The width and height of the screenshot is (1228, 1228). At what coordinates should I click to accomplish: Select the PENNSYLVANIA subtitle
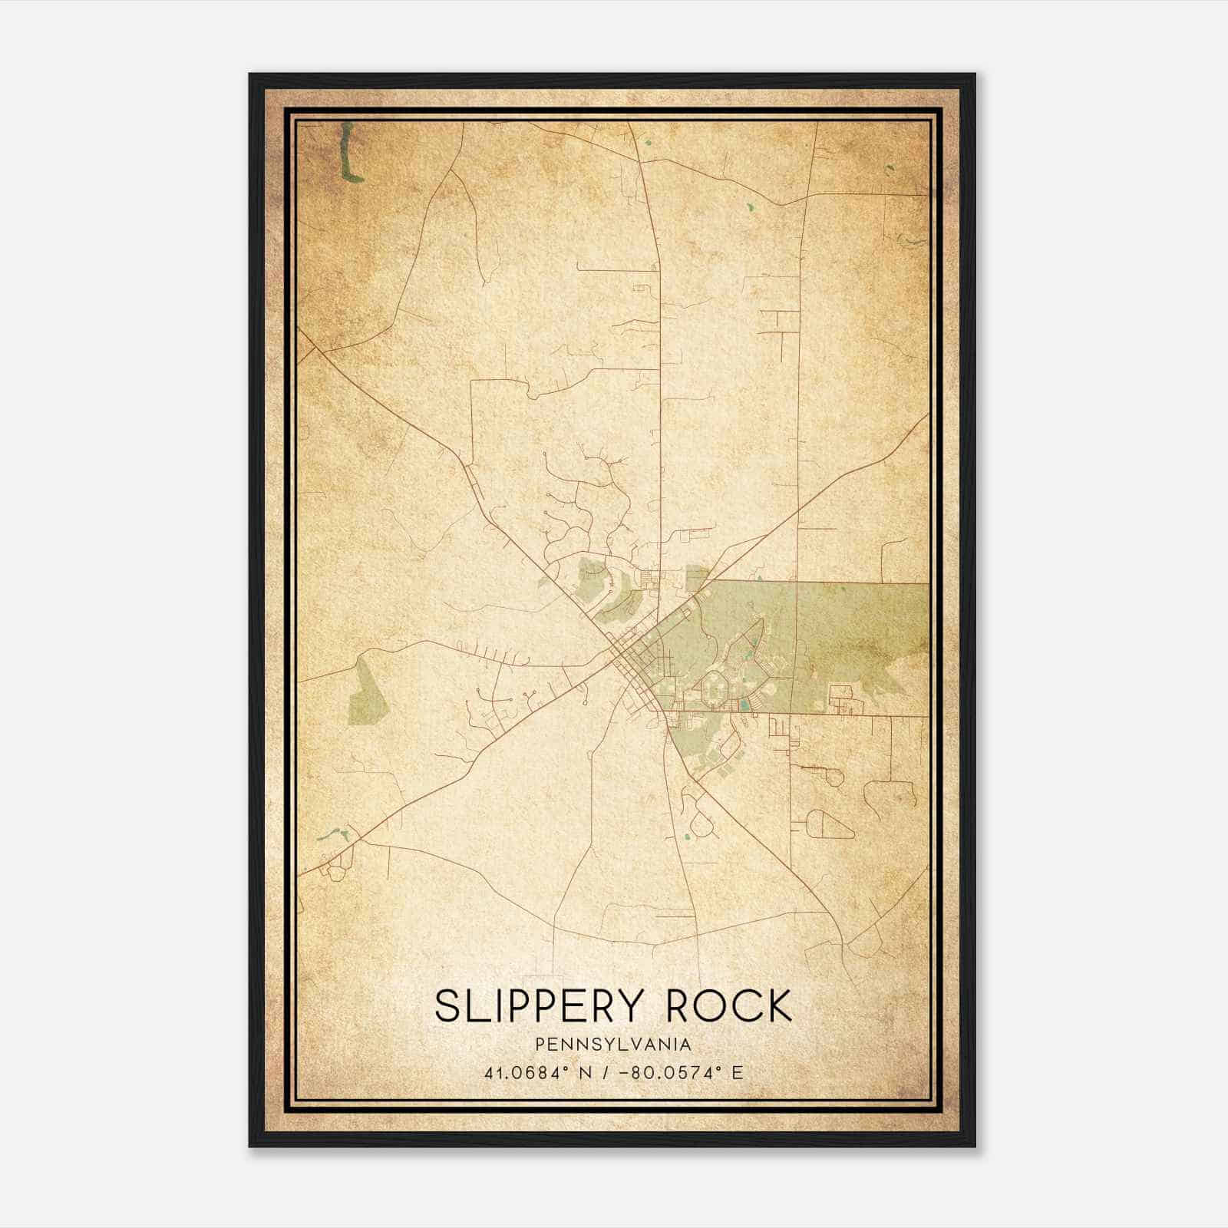tap(613, 1044)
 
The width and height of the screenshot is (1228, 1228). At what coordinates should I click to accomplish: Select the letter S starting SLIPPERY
tap(446, 1006)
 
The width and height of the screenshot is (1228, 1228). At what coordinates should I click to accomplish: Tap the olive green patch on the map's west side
tap(365, 692)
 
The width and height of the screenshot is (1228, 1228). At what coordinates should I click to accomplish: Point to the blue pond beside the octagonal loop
tap(743, 703)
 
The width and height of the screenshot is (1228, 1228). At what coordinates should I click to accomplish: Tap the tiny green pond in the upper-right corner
tap(890, 170)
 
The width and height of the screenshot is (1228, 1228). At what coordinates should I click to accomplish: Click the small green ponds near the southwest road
tap(332, 834)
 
